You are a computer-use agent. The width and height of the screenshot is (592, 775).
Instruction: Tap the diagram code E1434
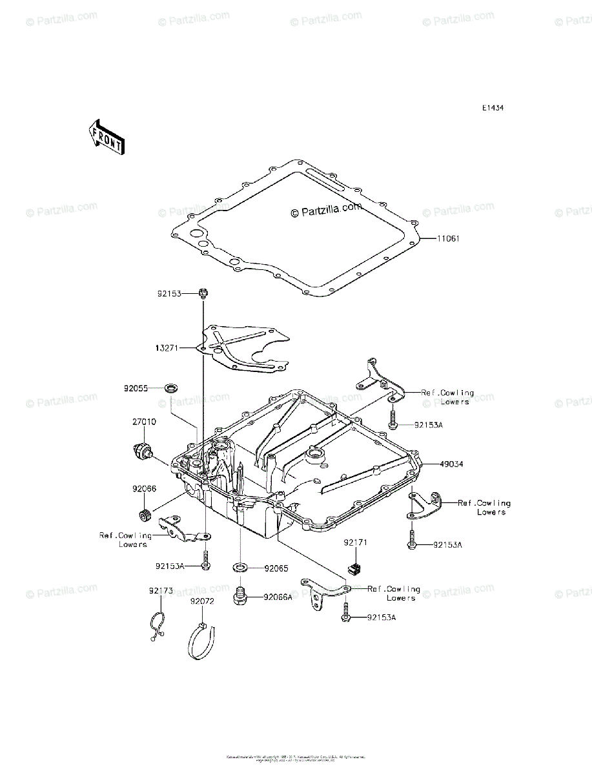tap(492, 108)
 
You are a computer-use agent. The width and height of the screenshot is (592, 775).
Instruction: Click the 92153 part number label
tap(170, 293)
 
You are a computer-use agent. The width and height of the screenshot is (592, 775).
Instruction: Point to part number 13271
tap(167, 348)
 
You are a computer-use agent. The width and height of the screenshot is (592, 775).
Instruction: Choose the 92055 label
tap(136, 389)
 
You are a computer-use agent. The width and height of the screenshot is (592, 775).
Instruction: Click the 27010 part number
tap(144, 422)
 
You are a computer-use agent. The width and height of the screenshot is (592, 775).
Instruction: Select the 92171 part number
tap(356, 542)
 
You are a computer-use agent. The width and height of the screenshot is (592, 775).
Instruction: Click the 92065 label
tap(276, 569)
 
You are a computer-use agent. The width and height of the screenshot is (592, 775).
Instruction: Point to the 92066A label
tap(278, 597)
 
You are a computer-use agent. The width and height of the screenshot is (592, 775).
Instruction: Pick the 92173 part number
tap(160, 590)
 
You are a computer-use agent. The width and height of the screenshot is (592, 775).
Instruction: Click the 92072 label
tap(202, 601)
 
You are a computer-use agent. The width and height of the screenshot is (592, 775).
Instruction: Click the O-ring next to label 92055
tap(172, 389)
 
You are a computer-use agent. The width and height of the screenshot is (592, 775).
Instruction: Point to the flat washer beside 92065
tap(240, 568)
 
